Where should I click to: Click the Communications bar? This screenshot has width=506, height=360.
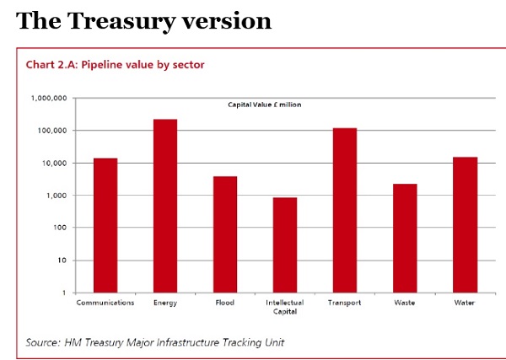click(105, 225)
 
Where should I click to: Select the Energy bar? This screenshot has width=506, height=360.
click(165, 206)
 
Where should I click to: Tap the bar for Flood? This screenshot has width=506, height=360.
click(225, 234)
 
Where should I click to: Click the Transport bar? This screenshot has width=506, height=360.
click(345, 210)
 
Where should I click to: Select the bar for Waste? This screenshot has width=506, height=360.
click(405, 238)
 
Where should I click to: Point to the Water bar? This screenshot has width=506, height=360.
click(466, 224)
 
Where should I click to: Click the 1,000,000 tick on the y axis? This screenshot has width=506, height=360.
click(49, 99)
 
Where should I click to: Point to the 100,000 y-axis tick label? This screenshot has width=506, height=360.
click(51, 131)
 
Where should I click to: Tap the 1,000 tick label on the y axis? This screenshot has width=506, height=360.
click(56, 196)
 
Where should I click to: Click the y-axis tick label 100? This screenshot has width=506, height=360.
click(59, 228)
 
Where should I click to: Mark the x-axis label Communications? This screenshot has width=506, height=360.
click(105, 302)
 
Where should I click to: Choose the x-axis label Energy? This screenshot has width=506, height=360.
click(165, 302)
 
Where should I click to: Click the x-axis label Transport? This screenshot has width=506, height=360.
click(345, 302)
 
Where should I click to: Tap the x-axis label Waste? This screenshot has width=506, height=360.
click(405, 302)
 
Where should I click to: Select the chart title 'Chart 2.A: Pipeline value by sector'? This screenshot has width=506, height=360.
click(116, 64)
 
